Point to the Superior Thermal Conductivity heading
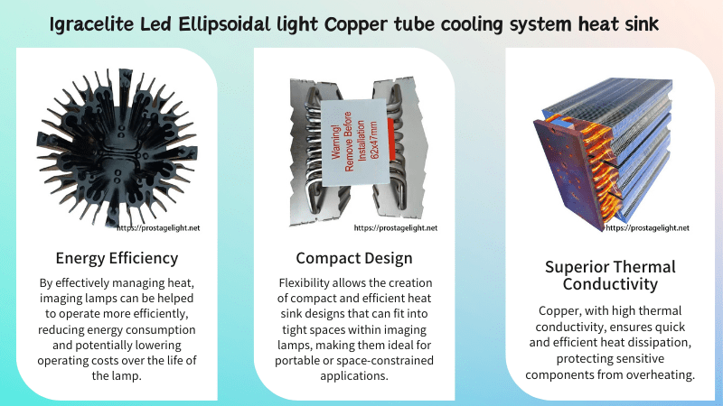[610, 276]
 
